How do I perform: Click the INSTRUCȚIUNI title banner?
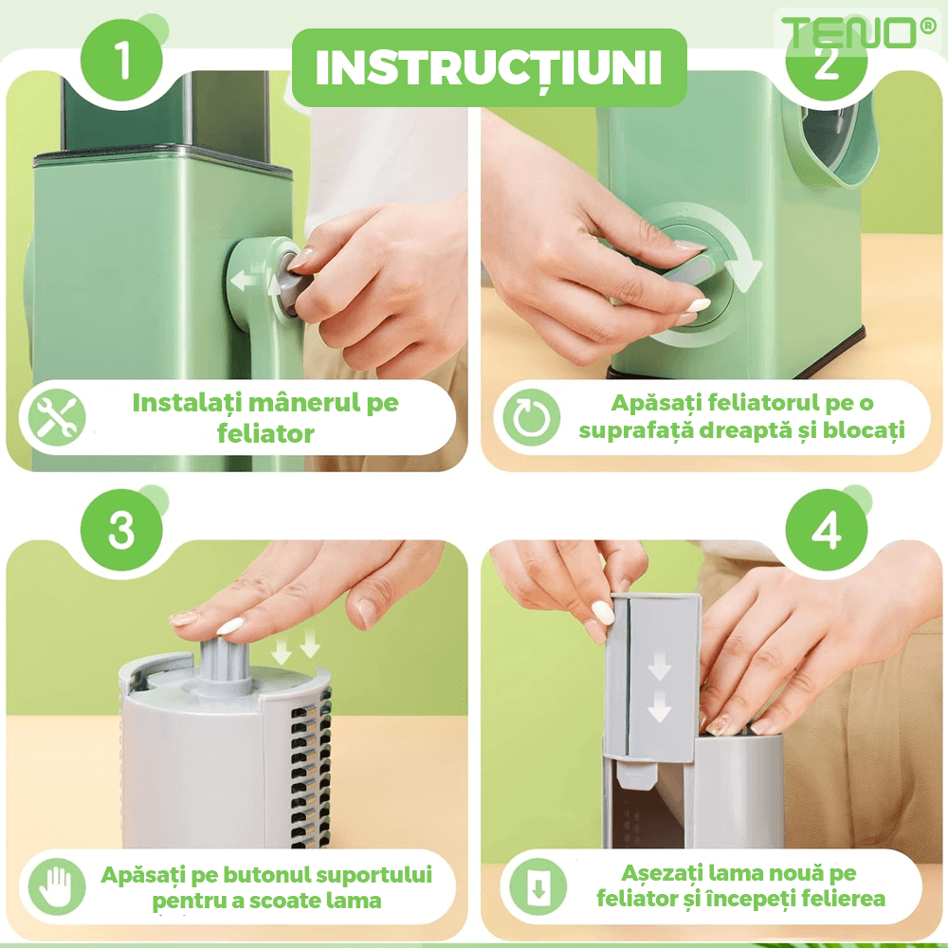[x=489, y=67]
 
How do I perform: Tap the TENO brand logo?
[x=858, y=32]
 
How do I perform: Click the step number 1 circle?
[x=121, y=60]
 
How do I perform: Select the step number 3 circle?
[x=121, y=530]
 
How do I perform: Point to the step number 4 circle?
[x=827, y=530]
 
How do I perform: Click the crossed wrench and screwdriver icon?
[x=56, y=417]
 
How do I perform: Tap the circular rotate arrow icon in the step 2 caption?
[x=532, y=417]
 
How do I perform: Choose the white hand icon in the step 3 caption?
[x=57, y=886]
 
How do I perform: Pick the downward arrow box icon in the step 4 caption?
[x=538, y=886]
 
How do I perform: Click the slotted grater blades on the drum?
[x=311, y=768]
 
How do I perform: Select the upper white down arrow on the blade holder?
[x=659, y=668]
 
